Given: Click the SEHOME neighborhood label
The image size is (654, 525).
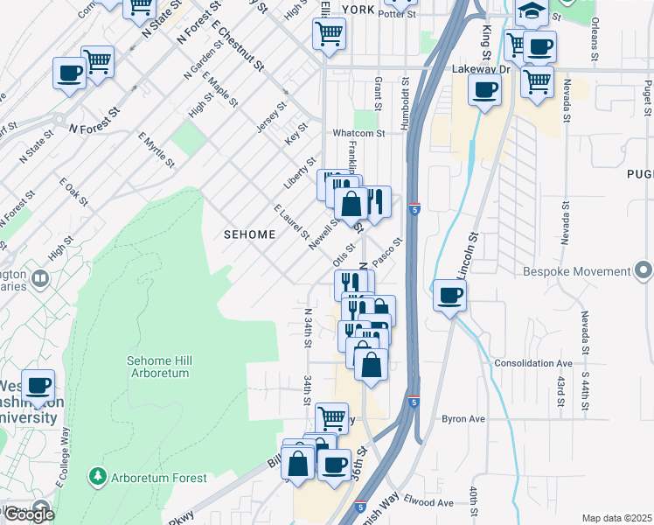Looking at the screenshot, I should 249,234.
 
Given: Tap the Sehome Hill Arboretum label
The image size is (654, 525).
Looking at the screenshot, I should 158,367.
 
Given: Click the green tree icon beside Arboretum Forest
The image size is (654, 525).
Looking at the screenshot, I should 97,477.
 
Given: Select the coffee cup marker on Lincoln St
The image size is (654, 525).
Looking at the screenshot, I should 449,295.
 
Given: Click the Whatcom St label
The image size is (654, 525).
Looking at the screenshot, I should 358,133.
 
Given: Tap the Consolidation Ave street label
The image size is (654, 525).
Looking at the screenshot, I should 532,362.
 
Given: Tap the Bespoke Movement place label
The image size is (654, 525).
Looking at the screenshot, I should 576,272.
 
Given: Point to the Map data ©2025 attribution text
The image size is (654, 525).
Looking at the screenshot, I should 616,518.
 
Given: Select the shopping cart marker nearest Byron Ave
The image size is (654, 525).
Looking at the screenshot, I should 331,418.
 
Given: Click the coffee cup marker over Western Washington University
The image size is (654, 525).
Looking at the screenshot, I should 38,385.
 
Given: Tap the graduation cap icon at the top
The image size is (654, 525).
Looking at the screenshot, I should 530,10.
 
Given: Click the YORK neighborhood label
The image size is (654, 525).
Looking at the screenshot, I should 358,10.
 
